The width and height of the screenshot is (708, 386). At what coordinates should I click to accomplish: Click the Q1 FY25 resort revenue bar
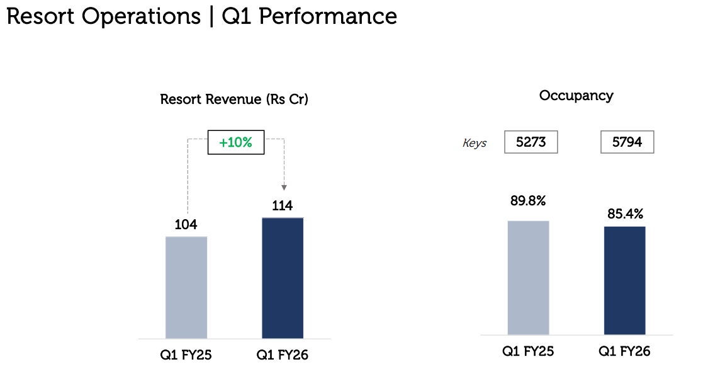coord(186,287)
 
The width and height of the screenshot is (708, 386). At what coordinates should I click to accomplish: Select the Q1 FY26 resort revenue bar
coord(282,278)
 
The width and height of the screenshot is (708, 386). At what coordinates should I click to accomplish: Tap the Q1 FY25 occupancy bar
coord(528,277)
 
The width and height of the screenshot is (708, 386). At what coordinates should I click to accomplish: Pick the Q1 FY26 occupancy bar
coord(624,280)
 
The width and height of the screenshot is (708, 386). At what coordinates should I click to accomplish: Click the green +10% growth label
coord(235,143)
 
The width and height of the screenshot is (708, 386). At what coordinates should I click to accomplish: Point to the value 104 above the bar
coord(186,225)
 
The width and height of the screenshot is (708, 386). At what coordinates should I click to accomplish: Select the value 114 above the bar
coord(282,205)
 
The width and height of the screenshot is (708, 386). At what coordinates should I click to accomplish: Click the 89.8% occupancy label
coord(528,202)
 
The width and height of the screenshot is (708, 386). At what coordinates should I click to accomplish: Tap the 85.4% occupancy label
coord(624,214)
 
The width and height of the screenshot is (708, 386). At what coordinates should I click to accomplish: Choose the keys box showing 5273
coord(531,142)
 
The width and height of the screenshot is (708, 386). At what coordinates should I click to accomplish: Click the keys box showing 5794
coord(627,142)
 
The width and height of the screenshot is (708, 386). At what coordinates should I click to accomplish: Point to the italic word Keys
coord(475,143)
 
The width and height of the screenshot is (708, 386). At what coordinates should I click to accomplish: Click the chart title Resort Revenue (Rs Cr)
coord(234,99)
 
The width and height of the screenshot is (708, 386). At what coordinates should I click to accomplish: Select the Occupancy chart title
coord(576,96)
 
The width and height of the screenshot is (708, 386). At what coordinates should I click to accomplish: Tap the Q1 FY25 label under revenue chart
coord(186,355)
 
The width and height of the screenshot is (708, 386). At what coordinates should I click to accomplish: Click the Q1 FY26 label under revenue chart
coord(282,355)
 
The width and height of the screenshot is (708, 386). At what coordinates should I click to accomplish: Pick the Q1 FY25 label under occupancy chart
coord(528,351)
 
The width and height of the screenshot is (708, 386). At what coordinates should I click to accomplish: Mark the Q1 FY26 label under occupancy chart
coord(624,351)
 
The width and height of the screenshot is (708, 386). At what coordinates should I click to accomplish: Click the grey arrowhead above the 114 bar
coord(284,187)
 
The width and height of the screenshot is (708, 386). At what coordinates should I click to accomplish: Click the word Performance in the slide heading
coord(328,16)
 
